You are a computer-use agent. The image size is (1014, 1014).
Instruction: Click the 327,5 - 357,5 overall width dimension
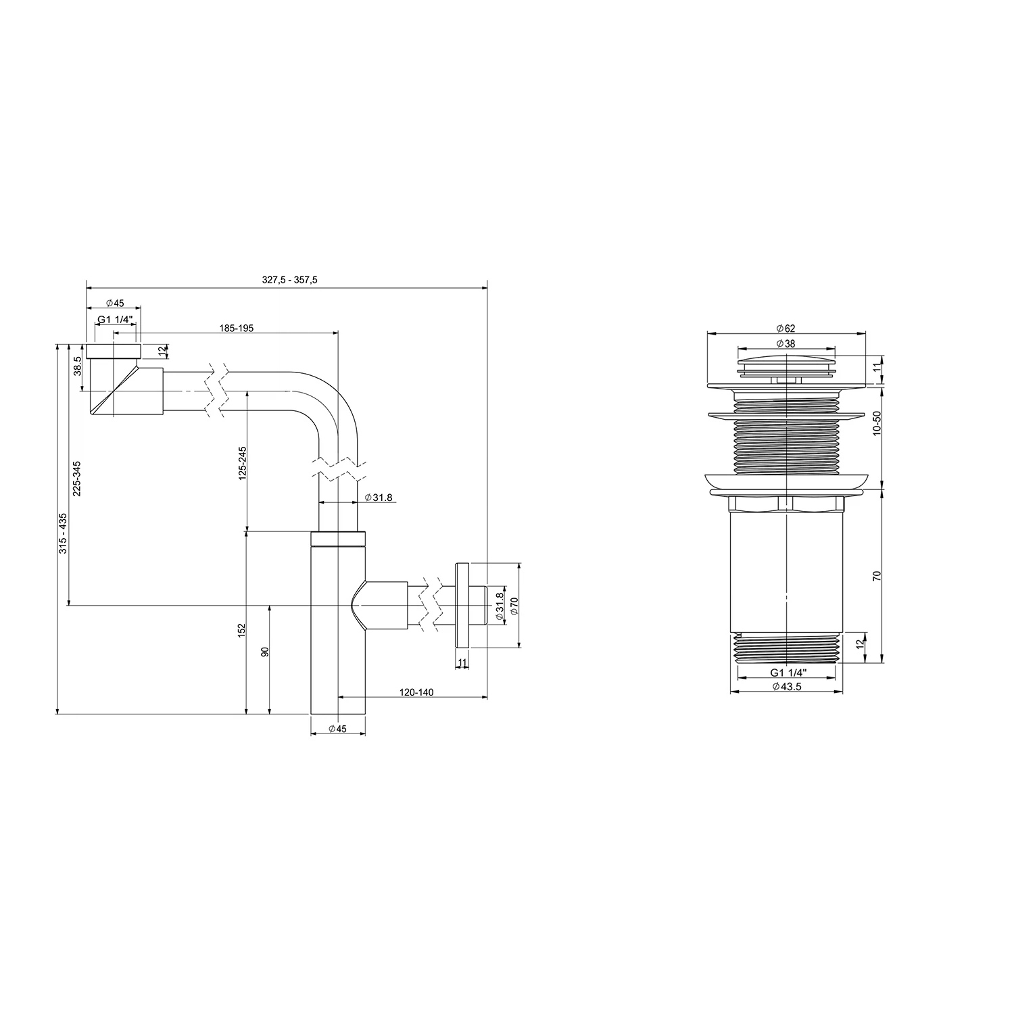[x=289, y=281]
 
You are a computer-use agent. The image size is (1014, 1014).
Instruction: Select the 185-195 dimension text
[x=236, y=328]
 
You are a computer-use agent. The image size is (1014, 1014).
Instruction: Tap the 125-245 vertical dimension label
[x=242, y=462]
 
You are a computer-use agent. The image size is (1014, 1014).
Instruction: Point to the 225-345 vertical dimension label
[x=77, y=479]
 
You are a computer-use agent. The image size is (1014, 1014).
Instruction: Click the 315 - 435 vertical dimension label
[x=64, y=534]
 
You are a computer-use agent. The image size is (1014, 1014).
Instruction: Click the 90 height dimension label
[x=265, y=652]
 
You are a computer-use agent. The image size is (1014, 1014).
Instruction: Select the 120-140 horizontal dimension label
[x=416, y=692]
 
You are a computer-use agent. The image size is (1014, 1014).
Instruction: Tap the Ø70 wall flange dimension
[x=514, y=605]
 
